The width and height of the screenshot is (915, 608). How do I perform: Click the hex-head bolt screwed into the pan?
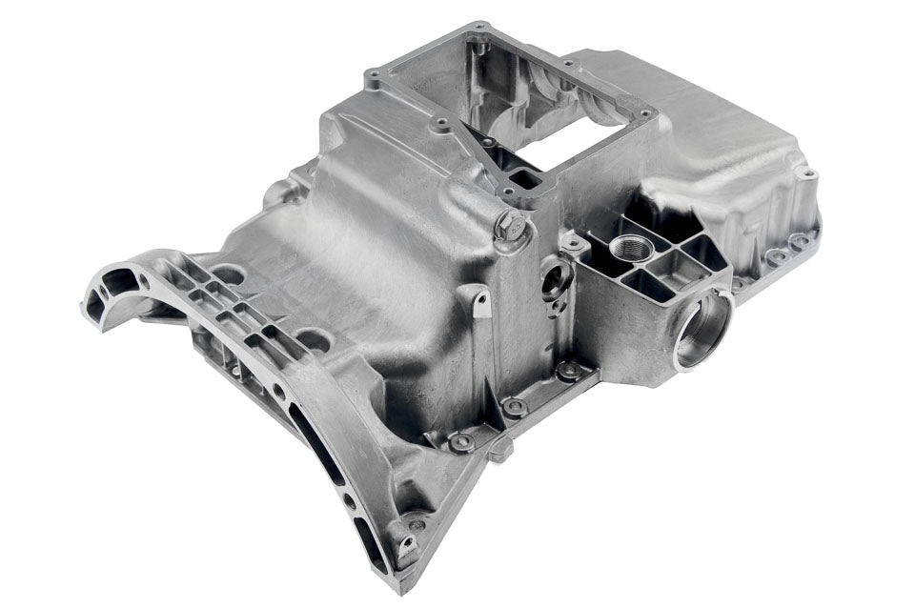point(511,228)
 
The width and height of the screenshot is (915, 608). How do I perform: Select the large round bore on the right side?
point(702,330)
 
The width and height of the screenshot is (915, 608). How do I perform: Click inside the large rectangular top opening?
point(534,105)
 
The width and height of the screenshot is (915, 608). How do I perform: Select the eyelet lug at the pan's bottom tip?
point(408,547)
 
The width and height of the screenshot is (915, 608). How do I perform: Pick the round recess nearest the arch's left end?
point(228,276)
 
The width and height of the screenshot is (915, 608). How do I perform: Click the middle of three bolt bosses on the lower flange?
point(515,407)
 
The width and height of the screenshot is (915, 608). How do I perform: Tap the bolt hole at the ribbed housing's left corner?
point(575,244)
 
